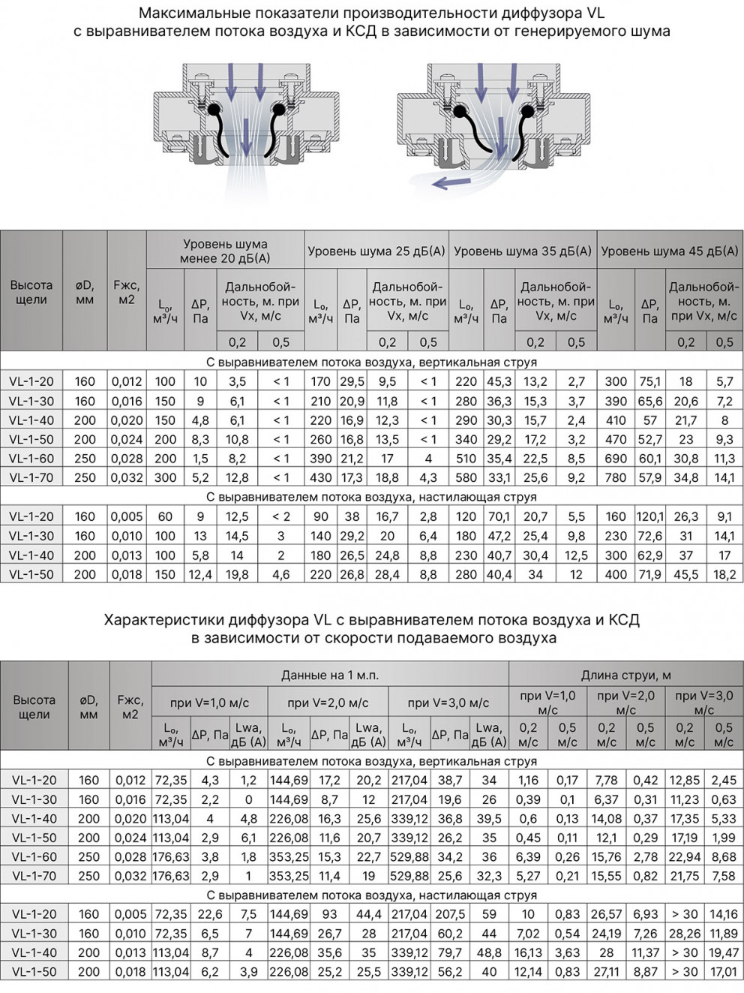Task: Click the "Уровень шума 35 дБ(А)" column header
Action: point(523,251)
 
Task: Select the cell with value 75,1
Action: point(649,381)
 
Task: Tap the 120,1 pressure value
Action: point(649,516)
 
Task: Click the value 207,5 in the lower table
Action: point(449,914)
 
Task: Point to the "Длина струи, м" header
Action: point(625,675)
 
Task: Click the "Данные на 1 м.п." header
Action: point(329,675)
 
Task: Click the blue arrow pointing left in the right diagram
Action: point(449,182)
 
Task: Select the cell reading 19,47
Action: point(724,952)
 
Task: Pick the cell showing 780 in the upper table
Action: point(616,477)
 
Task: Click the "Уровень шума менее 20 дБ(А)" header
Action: point(225,251)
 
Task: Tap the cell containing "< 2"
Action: point(281,516)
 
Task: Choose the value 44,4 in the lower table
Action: point(368,914)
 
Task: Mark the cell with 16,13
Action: point(528,952)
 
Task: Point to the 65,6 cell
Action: point(649,401)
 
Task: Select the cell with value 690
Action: point(616,459)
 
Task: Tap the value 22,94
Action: point(684,856)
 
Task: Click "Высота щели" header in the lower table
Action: point(34,707)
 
